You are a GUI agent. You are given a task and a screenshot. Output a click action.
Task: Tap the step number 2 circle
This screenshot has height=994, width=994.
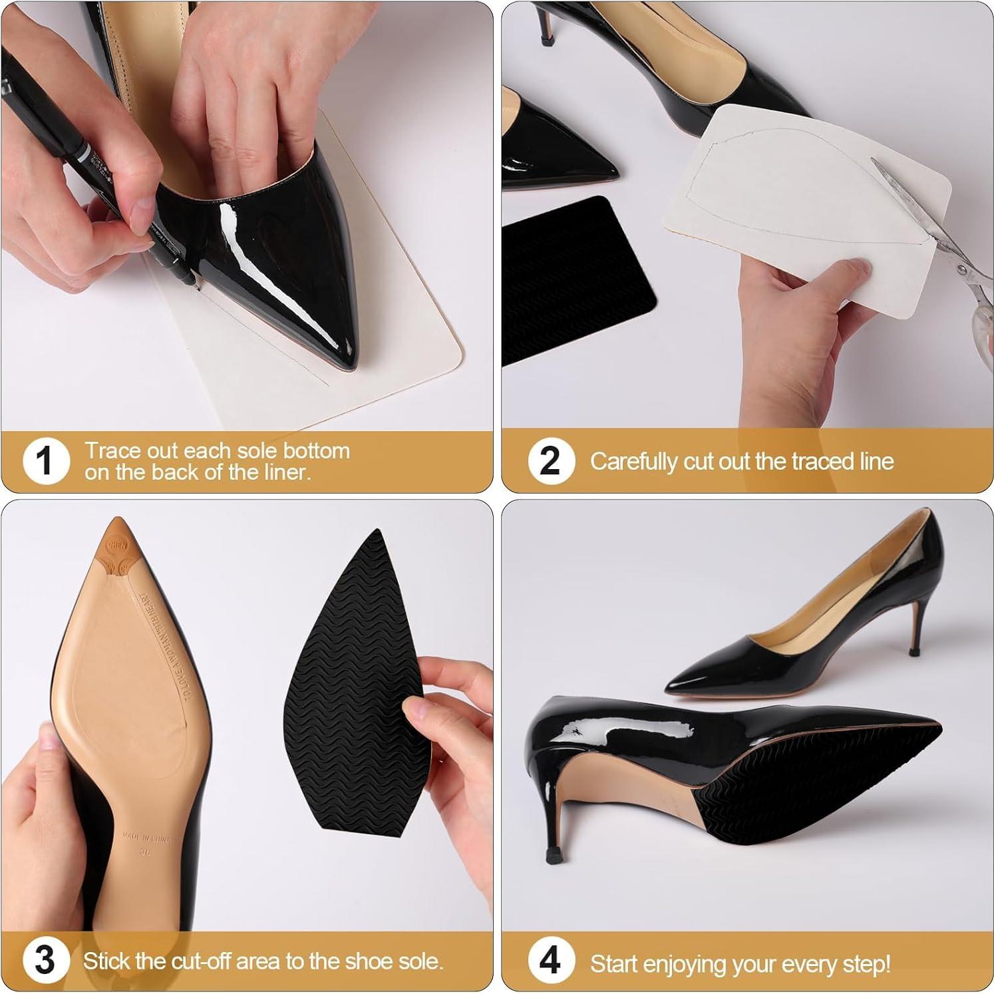click(550, 460)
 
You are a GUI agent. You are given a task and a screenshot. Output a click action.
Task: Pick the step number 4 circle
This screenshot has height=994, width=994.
click(550, 960)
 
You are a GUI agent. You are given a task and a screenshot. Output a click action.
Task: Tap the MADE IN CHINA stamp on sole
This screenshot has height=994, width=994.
click(146, 837)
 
